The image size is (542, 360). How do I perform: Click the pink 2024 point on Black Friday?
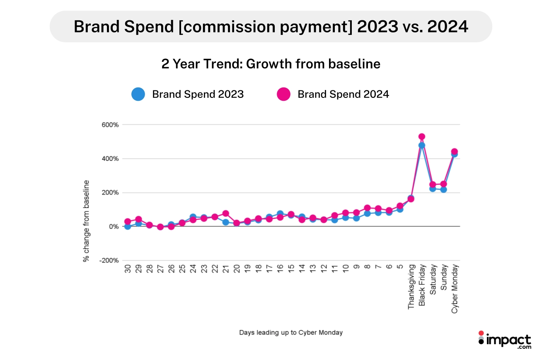[x=422, y=136]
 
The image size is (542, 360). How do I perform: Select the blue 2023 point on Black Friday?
[x=422, y=145]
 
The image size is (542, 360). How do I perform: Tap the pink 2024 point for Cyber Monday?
[x=454, y=151]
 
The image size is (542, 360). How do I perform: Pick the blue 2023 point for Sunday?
[x=443, y=190]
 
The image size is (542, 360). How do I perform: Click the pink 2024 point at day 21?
[x=225, y=214]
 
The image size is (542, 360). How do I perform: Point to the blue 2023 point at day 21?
[x=225, y=222]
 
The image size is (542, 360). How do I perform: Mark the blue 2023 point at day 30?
[x=128, y=226]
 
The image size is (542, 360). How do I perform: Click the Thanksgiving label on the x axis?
[x=411, y=287]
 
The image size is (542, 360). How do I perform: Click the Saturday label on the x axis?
[x=433, y=281]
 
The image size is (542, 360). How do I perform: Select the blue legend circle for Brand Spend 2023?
[x=138, y=94]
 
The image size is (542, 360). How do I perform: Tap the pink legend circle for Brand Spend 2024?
[x=283, y=94]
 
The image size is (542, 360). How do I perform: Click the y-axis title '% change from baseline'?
[x=86, y=221]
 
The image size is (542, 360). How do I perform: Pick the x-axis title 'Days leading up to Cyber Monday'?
[x=291, y=333]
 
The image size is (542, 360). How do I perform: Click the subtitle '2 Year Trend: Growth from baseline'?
[x=271, y=64]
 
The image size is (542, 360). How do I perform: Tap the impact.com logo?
[x=504, y=341]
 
